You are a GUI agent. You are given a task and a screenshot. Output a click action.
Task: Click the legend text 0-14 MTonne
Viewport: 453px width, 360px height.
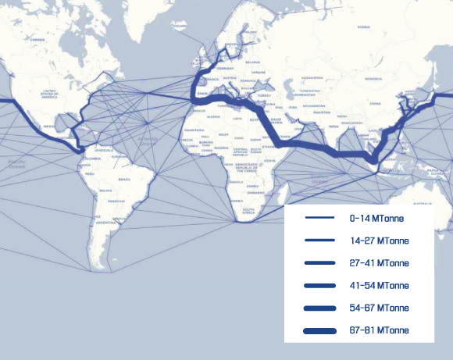[x=376, y=218]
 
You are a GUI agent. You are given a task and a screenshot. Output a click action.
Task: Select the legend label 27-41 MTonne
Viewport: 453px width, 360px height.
[x=380, y=263]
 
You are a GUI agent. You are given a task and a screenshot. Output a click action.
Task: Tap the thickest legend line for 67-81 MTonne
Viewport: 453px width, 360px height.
[x=320, y=331]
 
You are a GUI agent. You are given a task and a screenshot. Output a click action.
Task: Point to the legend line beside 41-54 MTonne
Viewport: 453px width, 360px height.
[x=320, y=286]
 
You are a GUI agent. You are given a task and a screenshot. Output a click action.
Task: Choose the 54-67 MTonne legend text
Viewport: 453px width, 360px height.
[x=380, y=308]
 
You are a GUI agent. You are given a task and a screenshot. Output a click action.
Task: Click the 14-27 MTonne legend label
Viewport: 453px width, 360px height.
[x=380, y=241]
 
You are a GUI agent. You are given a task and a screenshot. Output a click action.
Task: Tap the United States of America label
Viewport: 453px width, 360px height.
[x=54, y=94]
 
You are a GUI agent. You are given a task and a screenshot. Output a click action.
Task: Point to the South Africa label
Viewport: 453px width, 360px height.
[x=248, y=210]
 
